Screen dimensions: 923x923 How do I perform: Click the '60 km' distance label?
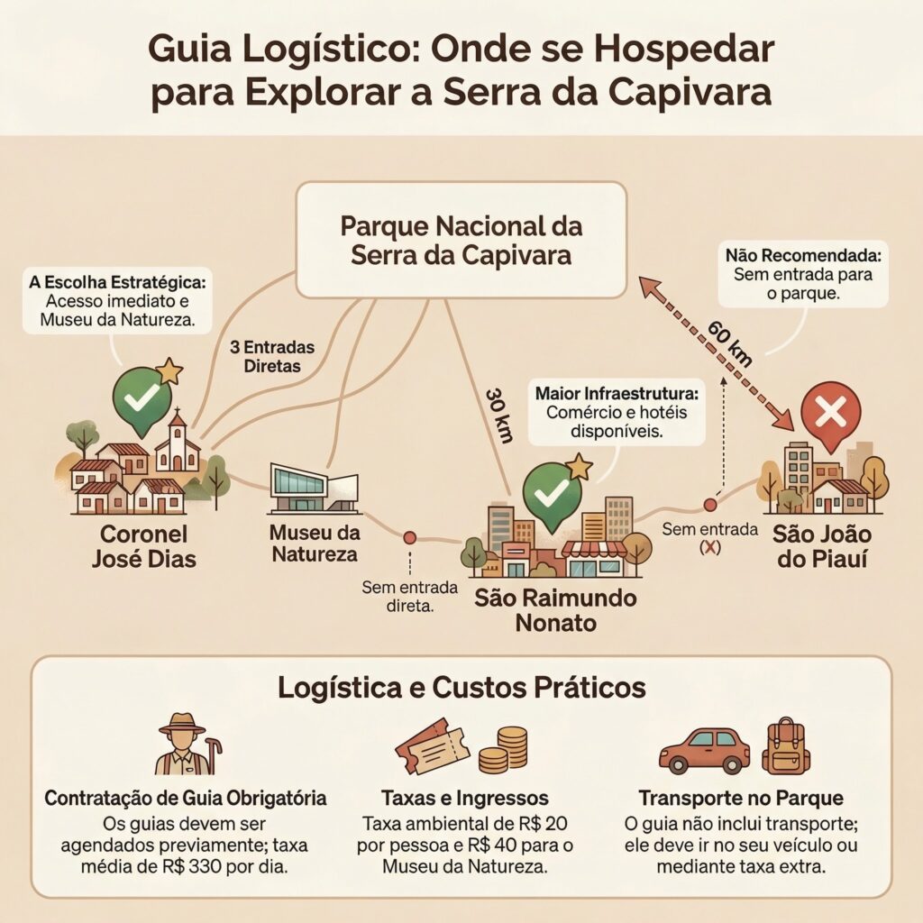pyautogui.click(x=728, y=343)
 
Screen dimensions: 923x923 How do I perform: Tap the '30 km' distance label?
pyautogui.click(x=498, y=416)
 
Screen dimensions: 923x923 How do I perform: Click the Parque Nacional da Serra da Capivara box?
pyautogui.click(x=461, y=240)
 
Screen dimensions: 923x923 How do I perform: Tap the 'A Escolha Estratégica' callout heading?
pyautogui.click(x=116, y=281)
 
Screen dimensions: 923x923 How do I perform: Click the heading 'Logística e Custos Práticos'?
pyautogui.click(x=461, y=688)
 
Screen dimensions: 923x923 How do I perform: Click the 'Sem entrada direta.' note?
pyautogui.click(x=398, y=597)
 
